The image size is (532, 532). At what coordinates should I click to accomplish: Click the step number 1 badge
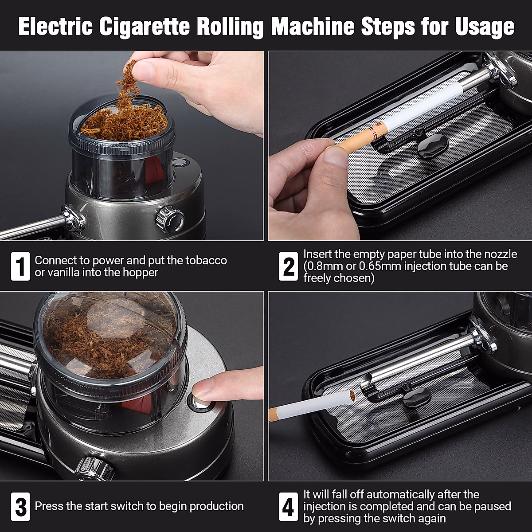20,266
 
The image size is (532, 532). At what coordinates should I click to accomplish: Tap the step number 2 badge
288,266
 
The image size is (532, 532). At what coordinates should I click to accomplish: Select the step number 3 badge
20,506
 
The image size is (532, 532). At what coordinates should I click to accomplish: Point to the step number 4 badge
288,506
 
